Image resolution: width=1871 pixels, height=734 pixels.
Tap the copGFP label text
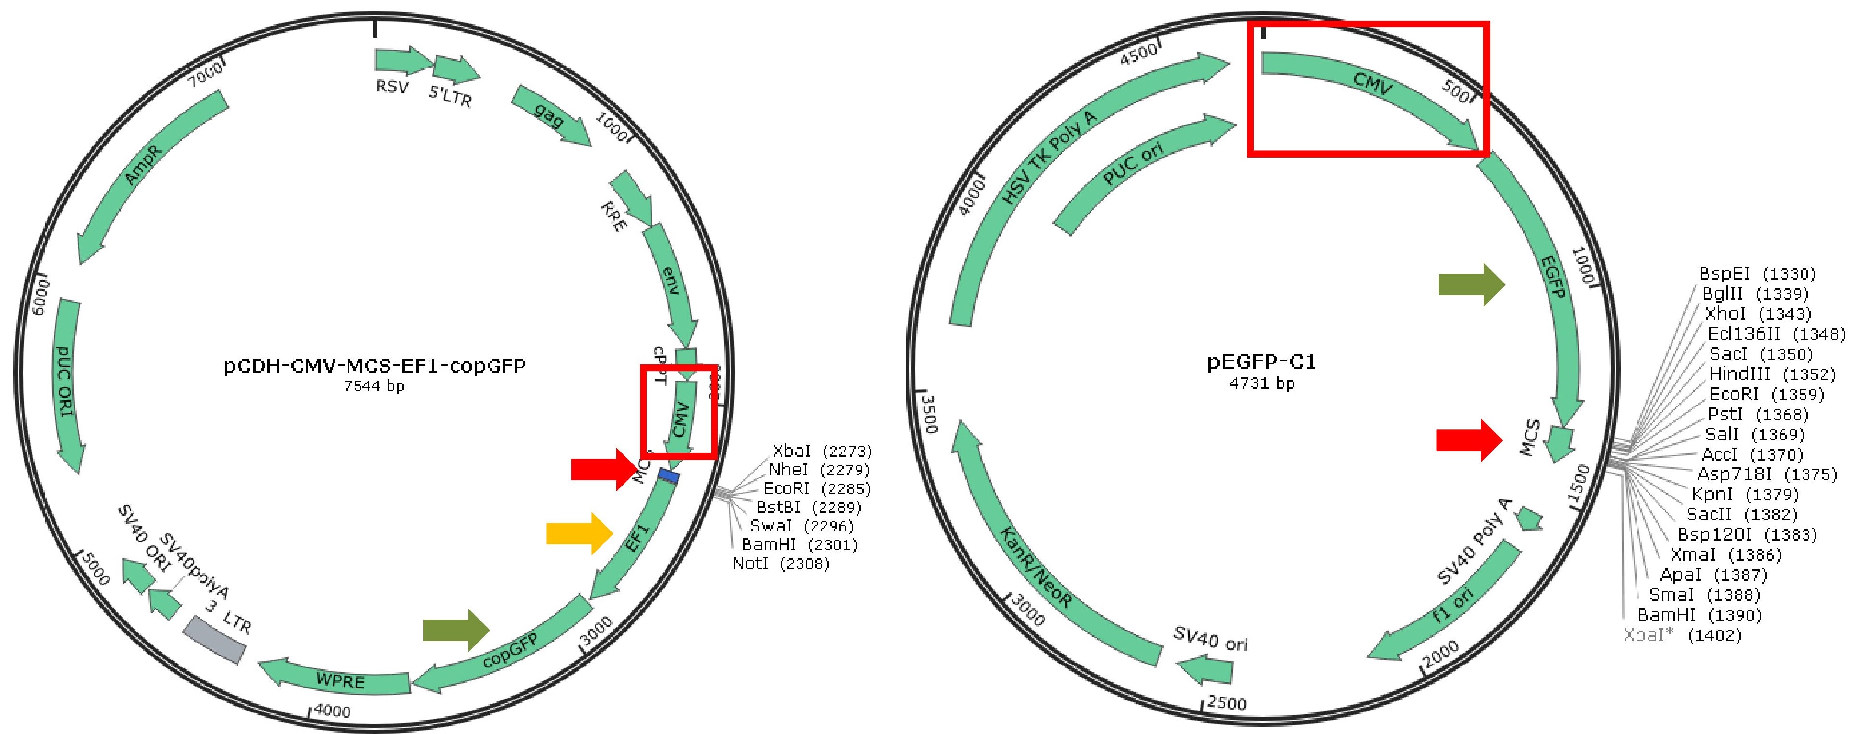pyautogui.click(x=511, y=650)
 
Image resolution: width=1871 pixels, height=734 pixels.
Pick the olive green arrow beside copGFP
pyautogui.click(x=456, y=629)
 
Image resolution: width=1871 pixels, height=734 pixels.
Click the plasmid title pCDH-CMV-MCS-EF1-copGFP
pyautogui.click(x=374, y=365)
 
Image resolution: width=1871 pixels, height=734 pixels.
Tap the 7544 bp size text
pyautogui.click(x=374, y=386)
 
